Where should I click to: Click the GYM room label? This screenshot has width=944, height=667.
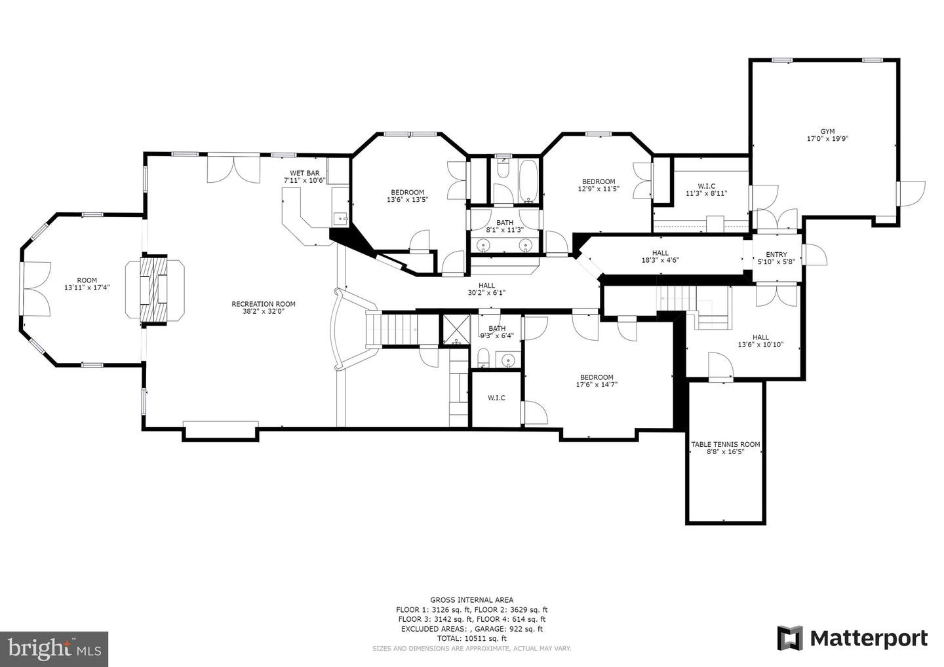click(827, 132)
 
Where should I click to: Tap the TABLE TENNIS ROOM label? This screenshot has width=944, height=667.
click(725, 444)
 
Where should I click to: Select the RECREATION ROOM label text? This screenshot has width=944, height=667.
click(264, 304)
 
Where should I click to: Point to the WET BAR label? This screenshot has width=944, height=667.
click(304, 173)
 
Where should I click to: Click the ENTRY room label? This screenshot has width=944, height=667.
click(776, 254)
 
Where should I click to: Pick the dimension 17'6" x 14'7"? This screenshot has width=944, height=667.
click(597, 385)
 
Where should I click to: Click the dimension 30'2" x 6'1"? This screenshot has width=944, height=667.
click(486, 293)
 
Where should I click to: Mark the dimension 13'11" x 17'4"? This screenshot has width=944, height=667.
click(87, 288)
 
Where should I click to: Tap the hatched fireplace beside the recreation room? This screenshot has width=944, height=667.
click(154, 290)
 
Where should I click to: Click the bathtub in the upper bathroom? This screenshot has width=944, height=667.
click(528, 181)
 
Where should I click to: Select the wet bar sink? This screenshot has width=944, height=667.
click(340, 219)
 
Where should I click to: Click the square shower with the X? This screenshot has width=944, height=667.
click(455, 329)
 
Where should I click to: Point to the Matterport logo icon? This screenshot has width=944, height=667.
click(789, 638)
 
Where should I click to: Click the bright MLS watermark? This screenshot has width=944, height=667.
click(54, 649)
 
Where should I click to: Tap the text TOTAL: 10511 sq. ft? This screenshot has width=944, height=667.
click(471, 638)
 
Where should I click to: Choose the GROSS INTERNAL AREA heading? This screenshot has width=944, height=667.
click(471, 600)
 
